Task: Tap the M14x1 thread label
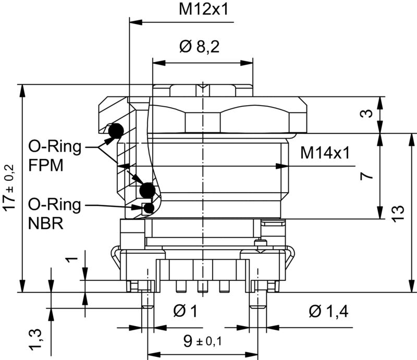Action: tap(324, 153)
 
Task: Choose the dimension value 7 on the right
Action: tap(368, 176)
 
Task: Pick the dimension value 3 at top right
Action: tap(368, 114)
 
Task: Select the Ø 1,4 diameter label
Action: tap(328, 311)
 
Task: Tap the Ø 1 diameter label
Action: tap(185, 311)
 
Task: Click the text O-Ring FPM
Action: tap(55, 156)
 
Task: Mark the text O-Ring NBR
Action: tap(55, 214)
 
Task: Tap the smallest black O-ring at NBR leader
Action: tap(149, 208)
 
